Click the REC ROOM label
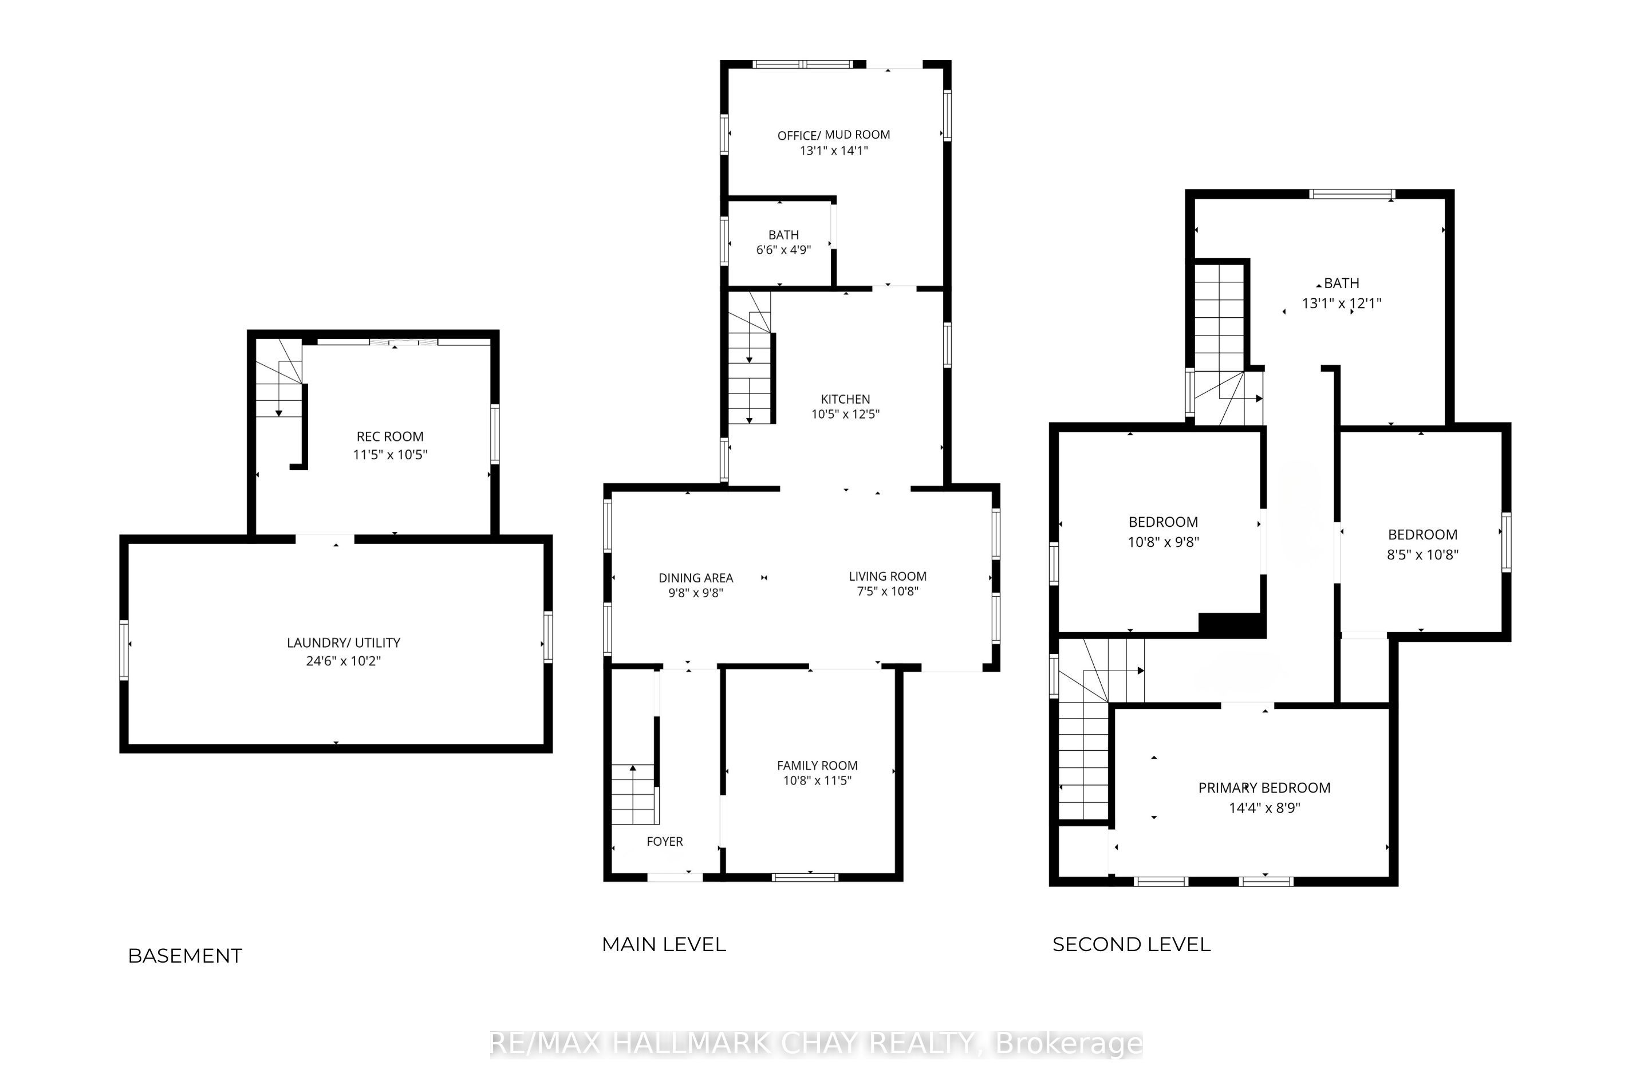coord(390,436)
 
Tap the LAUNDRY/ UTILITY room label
coord(344,642)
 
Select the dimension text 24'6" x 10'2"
coord(344,661)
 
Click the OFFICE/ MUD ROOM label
coord(833,135)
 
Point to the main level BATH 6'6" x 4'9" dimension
coord(783,250)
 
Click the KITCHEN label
coord(845,399)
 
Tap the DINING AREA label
coord(696,577)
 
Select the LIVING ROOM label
coord(888,576)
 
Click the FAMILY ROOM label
coord(817,766)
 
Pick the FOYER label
coord(665,841)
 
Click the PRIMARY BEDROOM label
coord(1264,787)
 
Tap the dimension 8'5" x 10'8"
coord(1422,554)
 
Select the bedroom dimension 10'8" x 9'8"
coord(1164,542)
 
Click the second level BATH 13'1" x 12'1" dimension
coord(1341,303)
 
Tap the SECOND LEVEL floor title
coord(1132,944)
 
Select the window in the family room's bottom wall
coord(805,877)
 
